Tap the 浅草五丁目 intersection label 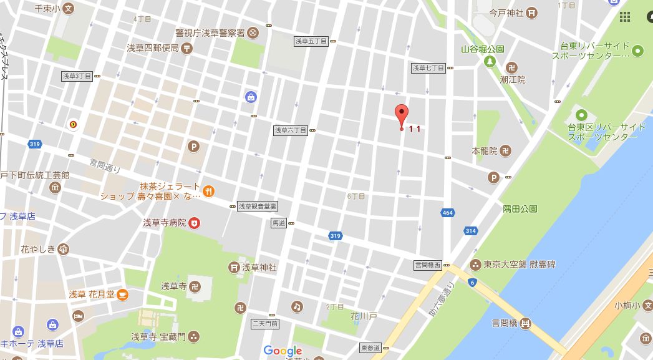(311, 41)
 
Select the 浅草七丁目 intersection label (428, 67)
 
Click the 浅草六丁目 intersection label (291, 130)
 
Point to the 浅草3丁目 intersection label (77, 75)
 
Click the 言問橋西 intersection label (428, 265)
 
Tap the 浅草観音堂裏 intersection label (258, 206)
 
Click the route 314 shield (470, 231)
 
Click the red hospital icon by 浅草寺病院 (195, 223)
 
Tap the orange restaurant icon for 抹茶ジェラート (209, 191)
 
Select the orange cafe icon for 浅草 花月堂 (123, 294)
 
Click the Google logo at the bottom (283, 351)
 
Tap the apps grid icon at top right (625, 17)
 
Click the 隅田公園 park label (521, 209)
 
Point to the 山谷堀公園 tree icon (490, 61)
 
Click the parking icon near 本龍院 (493, 178)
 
